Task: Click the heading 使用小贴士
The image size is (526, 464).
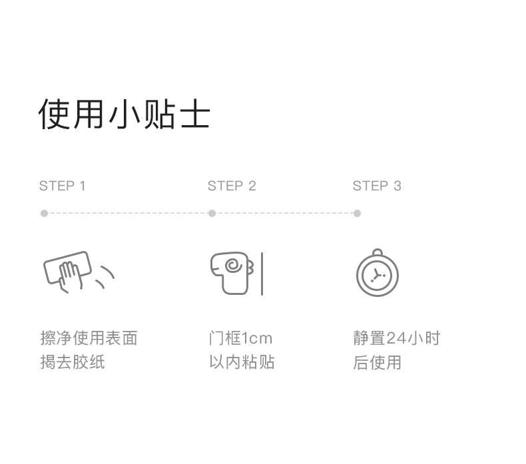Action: [124, 114]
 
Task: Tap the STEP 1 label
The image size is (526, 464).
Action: [63, 186]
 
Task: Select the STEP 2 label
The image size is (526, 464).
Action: [232, 186]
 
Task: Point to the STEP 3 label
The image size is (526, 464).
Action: [377, 186]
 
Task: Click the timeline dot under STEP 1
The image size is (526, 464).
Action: [45, 214]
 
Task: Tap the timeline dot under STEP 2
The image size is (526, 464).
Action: [212, 214]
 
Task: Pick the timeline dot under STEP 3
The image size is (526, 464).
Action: [358, 214]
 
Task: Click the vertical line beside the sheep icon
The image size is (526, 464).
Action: [262, 274]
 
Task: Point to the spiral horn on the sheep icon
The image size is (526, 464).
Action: [233, 266]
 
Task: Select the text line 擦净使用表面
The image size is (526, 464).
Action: [89, 338]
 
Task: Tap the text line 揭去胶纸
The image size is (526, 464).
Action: [73, 362]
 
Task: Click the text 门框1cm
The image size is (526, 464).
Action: [240, 338]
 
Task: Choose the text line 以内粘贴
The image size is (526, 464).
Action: [242, 362]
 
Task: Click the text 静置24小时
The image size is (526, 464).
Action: [397, 338]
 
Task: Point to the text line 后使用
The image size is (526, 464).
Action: [377, 362]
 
